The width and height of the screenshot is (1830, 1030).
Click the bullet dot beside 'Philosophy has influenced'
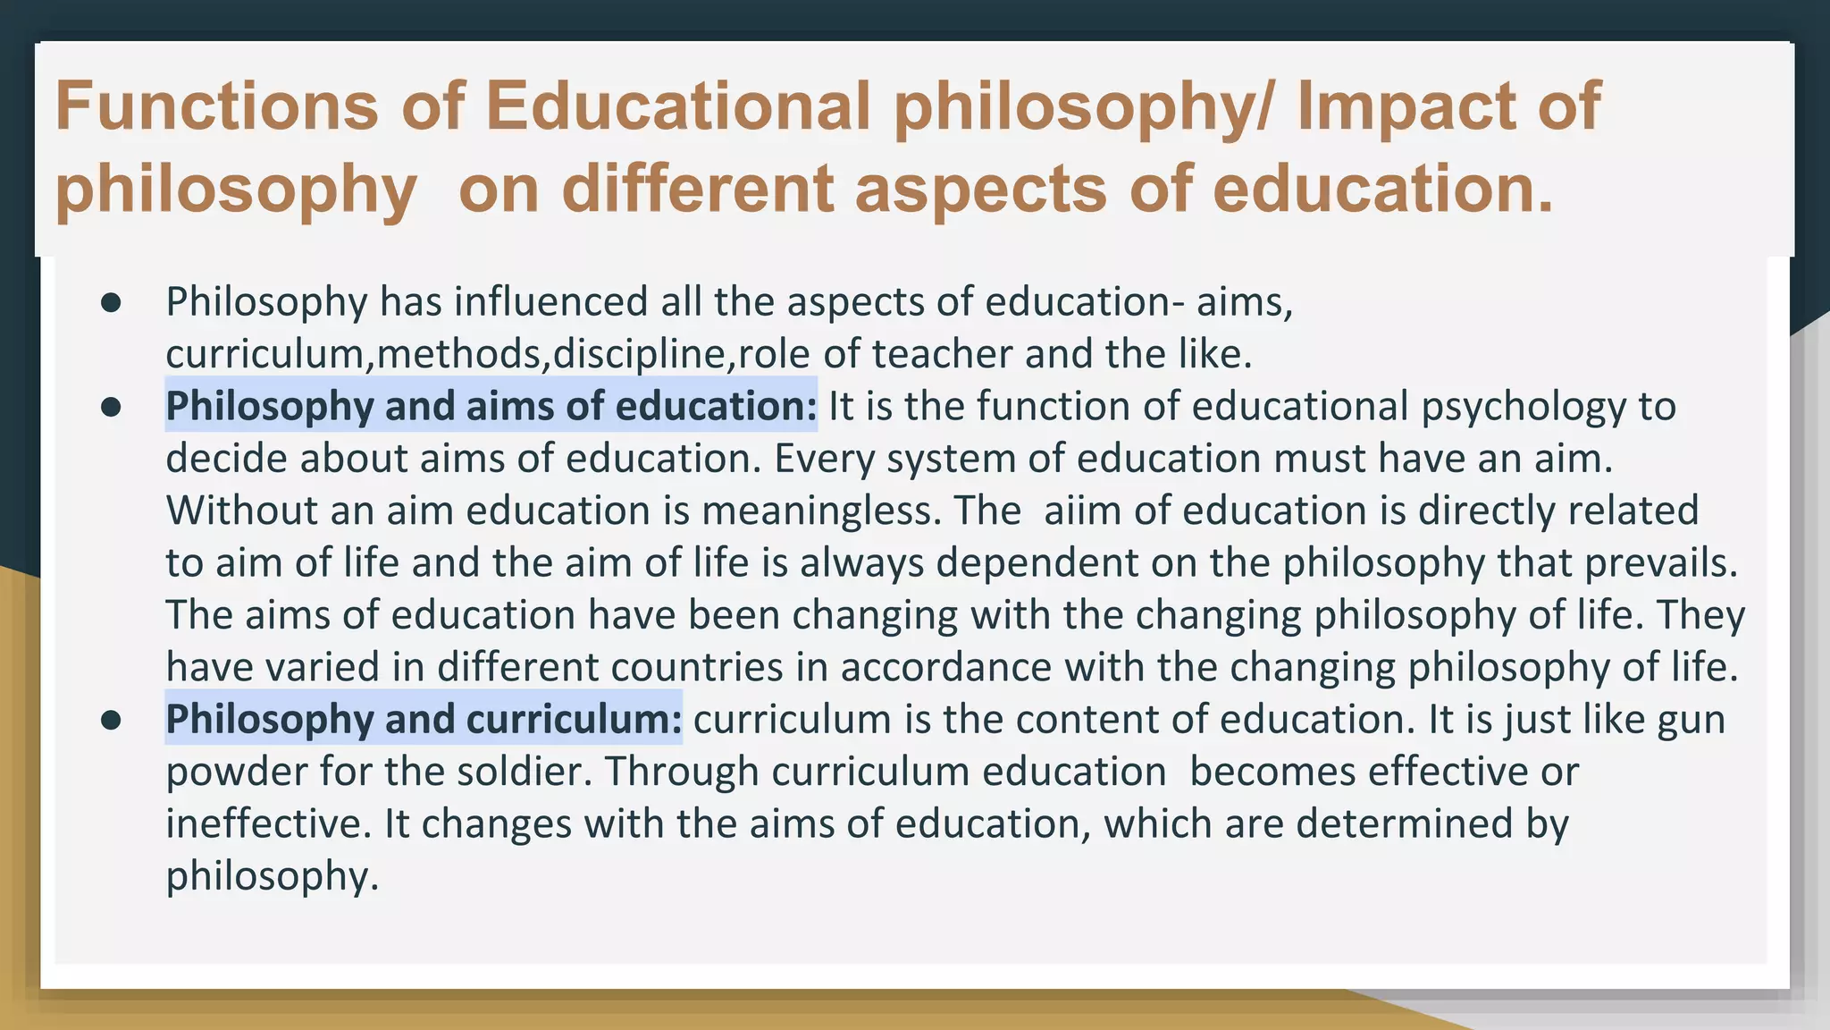click(x=111, y=302)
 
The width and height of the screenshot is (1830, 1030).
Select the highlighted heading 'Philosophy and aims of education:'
click(x=491, y=406)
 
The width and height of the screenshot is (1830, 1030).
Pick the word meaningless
click(x=822, y=511)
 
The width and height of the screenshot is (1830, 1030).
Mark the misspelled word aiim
click(x=1082, y=511)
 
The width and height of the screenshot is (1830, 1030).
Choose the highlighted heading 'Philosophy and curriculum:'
click(x=424, y=719)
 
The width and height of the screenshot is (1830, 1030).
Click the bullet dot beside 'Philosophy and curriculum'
click(x=111, y=720)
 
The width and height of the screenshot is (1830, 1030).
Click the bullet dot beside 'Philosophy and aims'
click(x=111, y=407)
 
